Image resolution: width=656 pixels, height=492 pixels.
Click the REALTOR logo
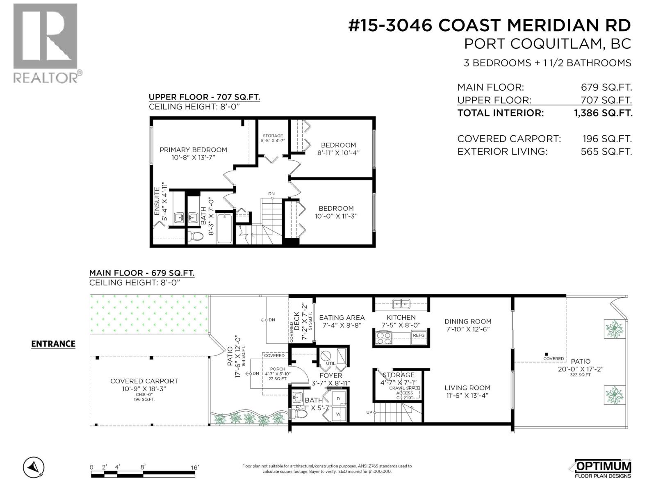(45, 43)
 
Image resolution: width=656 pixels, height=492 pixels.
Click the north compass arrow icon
(34, 467)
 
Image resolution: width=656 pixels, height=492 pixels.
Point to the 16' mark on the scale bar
(194, 467)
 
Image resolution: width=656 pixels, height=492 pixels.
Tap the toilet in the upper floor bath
(196, 237)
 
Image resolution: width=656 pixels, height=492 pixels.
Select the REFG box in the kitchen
(419, 335)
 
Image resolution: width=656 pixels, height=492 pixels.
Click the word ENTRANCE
(53, 344)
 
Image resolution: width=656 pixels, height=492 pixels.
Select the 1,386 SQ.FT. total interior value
(603, 113)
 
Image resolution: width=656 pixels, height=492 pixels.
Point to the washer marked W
(339, 414)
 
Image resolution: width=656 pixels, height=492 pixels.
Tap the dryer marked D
(339, 399)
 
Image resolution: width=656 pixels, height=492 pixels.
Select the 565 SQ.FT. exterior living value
(606, 151)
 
